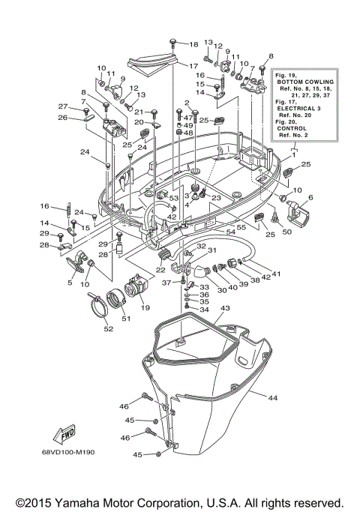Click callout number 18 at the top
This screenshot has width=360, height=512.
tap(193, 45)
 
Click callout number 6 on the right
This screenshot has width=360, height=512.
tap(310, 197)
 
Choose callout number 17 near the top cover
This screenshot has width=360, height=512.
tap(193, 65)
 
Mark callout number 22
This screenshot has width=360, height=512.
tap(160, 271)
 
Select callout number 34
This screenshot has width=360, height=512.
tap(202, 310)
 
